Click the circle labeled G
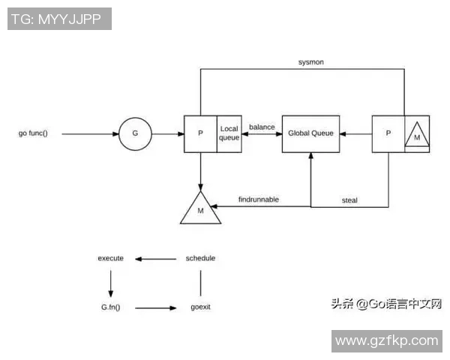[x=135, y=134]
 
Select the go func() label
[x=33, y=134]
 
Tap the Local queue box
[x=228, y=134]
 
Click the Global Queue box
[x=310, y=134]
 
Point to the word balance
[x=262, y=127]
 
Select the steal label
[x=349, y=199]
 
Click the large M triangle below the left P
[x=200, y=209]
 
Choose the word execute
[x=110, y=259]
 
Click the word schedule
[x=200, y=259]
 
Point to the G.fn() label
[x=111, y=307]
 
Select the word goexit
[x=200, y=307]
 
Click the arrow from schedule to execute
[x=156, y=259]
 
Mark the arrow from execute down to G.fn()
[x=111, y=283]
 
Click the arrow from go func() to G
[x=90, y=134]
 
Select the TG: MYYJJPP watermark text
[x=59, y=19]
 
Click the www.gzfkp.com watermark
[x=386, y=340]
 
